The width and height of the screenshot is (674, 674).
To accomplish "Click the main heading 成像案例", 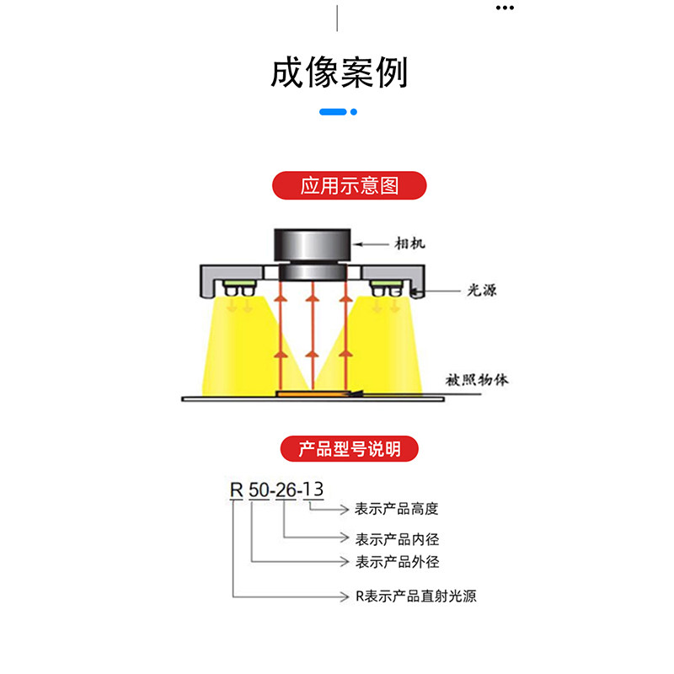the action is click(x=339, y=72).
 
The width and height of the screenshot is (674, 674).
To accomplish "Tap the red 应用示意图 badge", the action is click(x=349, y=185).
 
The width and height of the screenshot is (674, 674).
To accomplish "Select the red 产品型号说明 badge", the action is click(x=349, y=449).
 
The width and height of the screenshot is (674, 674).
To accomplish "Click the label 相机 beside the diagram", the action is click(x=410, y=243).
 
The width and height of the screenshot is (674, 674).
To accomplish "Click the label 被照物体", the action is click(x=477, y=380).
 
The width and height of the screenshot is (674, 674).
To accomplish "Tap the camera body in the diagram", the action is click(x=313, y=247).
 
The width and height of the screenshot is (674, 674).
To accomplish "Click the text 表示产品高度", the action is click(x=397, y=509).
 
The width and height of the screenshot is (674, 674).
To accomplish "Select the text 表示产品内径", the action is click(x=397, y=538).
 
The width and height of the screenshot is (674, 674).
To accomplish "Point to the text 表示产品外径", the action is click(x=397, y=562).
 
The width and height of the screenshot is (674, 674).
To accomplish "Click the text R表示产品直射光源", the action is click(x=415, y=596).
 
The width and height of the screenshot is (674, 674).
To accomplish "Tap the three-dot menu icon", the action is click(x=504, y=8).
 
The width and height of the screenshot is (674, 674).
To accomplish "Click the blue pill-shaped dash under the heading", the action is click(x=334, y=111).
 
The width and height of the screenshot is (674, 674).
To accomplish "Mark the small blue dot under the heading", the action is click(x=354, y=111).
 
